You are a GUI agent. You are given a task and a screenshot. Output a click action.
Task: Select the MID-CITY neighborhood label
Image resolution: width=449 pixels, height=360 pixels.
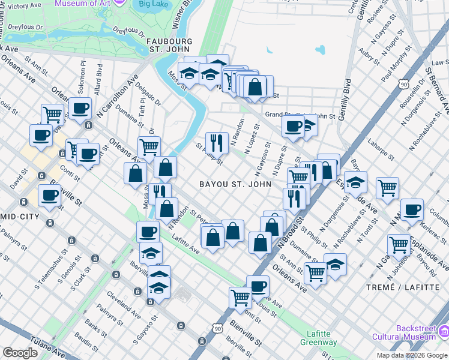point(20,216)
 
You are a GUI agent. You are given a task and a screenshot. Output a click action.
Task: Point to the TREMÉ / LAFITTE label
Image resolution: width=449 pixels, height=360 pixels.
point(403,287)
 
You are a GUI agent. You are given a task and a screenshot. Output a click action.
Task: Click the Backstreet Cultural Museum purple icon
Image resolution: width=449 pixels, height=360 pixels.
point(444,331)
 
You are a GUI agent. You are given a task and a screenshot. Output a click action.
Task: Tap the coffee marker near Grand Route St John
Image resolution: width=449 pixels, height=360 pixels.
point(294,126)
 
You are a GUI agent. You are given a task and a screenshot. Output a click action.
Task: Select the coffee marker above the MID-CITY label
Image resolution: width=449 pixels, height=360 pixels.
point(49,195)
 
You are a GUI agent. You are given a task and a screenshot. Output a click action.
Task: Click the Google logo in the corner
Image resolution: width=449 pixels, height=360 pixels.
point(20,353)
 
